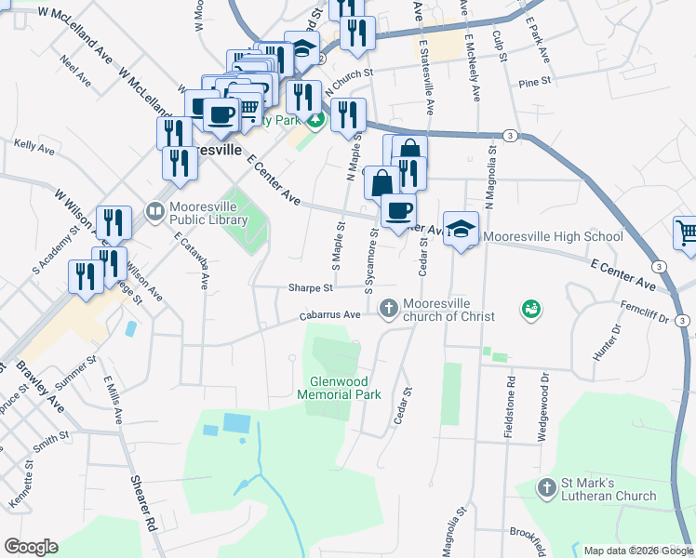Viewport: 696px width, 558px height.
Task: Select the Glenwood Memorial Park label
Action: point(340,389)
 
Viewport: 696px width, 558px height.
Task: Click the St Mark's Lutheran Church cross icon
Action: point(547,486)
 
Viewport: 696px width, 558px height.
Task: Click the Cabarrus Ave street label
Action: point(329,315)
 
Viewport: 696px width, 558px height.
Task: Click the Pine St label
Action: point(535,82)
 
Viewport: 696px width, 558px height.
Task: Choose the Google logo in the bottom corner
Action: point(32,547)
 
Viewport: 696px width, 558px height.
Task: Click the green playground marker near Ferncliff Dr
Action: point(531,309)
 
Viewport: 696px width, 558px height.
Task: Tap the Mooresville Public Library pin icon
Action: point(155,213)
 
